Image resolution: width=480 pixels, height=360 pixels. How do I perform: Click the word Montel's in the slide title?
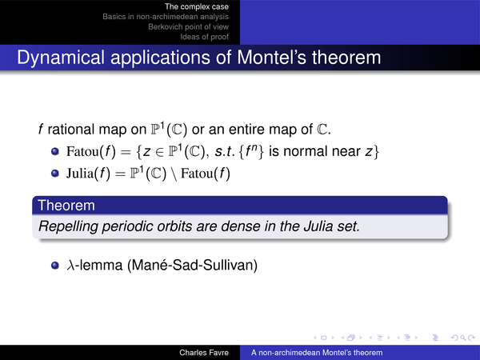[271, 58]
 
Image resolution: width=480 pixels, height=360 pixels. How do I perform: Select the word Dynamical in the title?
[61, 58]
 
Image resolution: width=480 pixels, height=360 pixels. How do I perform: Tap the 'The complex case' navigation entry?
[197, 6]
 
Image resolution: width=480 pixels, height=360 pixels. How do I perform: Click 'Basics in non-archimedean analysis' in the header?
[166, 17]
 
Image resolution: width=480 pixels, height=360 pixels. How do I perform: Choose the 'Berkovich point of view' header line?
[188, 26]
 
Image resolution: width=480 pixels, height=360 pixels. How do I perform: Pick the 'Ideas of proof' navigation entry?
[204, 37]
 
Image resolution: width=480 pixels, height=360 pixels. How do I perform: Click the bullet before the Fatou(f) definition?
[55, 151]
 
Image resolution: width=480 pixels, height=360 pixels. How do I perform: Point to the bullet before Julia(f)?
[55, 174]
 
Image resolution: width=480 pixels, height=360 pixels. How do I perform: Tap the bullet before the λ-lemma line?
[55, 265]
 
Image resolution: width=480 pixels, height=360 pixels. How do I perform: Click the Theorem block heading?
[66, 205]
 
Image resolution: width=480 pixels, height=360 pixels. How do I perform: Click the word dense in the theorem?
[240, 226]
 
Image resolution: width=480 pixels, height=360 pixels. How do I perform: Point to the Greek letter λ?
[70, 265]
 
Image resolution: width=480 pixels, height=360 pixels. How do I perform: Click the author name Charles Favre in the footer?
[204, 353]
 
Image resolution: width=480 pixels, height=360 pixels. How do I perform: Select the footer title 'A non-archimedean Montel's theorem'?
[317, 353]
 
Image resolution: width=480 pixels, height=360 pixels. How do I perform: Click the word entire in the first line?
[247, 129]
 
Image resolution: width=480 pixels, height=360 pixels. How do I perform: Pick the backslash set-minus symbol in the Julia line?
[174, 174]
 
